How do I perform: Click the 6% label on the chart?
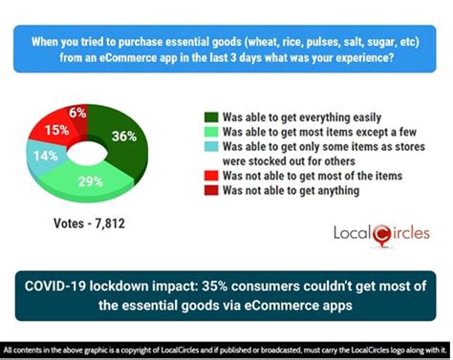[77, 112]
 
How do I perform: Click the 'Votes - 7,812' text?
[88, 225]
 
